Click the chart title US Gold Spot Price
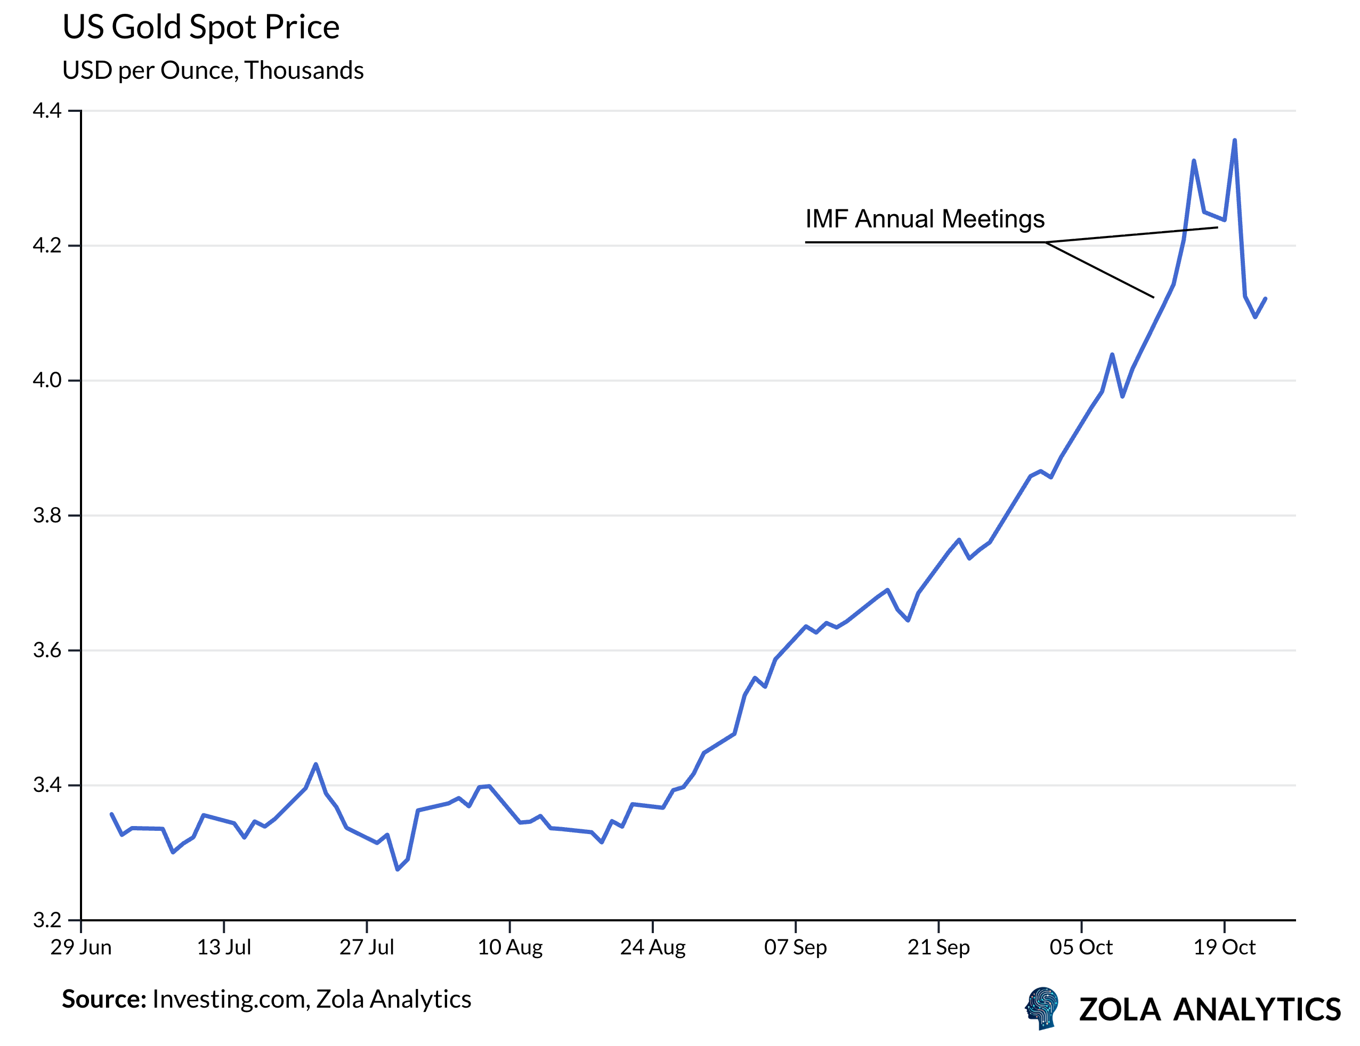(200, 27)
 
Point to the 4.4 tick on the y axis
(47, 111)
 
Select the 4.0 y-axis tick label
(47, 380)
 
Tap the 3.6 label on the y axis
(47, 650)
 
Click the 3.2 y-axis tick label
(47, 920)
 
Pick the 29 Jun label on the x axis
(81, 947)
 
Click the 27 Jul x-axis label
(366, 947)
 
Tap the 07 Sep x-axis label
(795, 947)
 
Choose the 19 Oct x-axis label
(1224, 947)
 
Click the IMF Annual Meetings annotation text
(924, 219)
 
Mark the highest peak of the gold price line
(1234, 141)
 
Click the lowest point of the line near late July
(398, 869)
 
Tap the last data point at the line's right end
(1265, 299)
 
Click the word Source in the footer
(103, 999)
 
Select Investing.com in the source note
(230, 999)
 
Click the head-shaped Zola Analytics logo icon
(1042, 1008)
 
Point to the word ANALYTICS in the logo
(1256, 1010)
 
